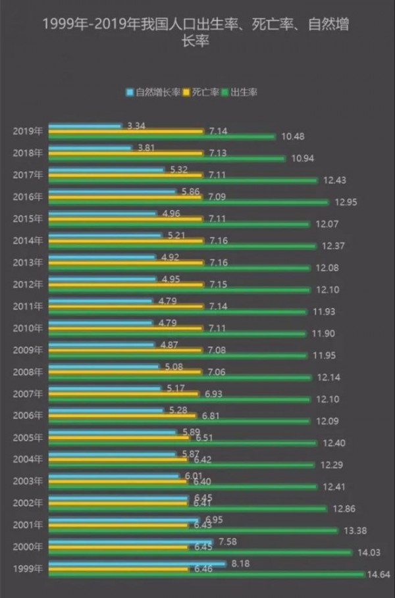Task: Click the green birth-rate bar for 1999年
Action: [206, 574]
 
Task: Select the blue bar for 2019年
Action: [85, 125]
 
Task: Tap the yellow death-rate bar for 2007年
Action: [124, 394]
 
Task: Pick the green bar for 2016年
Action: [188, 202]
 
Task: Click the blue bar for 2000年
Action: [130, 541]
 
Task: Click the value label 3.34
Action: [136, 125]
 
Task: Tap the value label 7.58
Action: [227, 541]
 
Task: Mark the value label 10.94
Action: [301, 159]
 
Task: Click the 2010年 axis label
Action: [28, 328]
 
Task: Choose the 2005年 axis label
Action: [28, 437]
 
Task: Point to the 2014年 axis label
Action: [28, 240]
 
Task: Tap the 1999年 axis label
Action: [28, 568]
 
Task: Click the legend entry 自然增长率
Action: [153, 92]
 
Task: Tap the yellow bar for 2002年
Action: [118, 503]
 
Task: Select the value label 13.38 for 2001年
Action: [354, 530]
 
